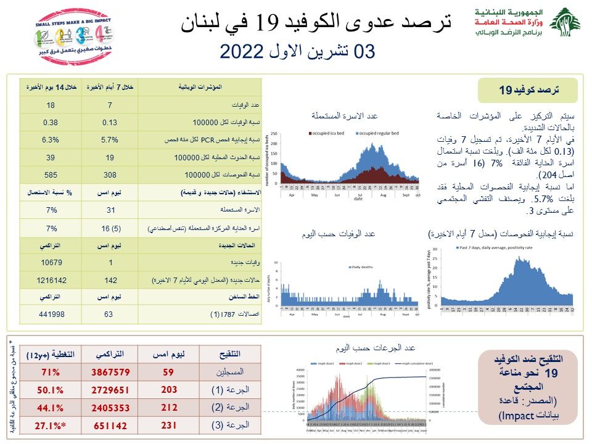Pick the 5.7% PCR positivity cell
pos(109,140)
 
